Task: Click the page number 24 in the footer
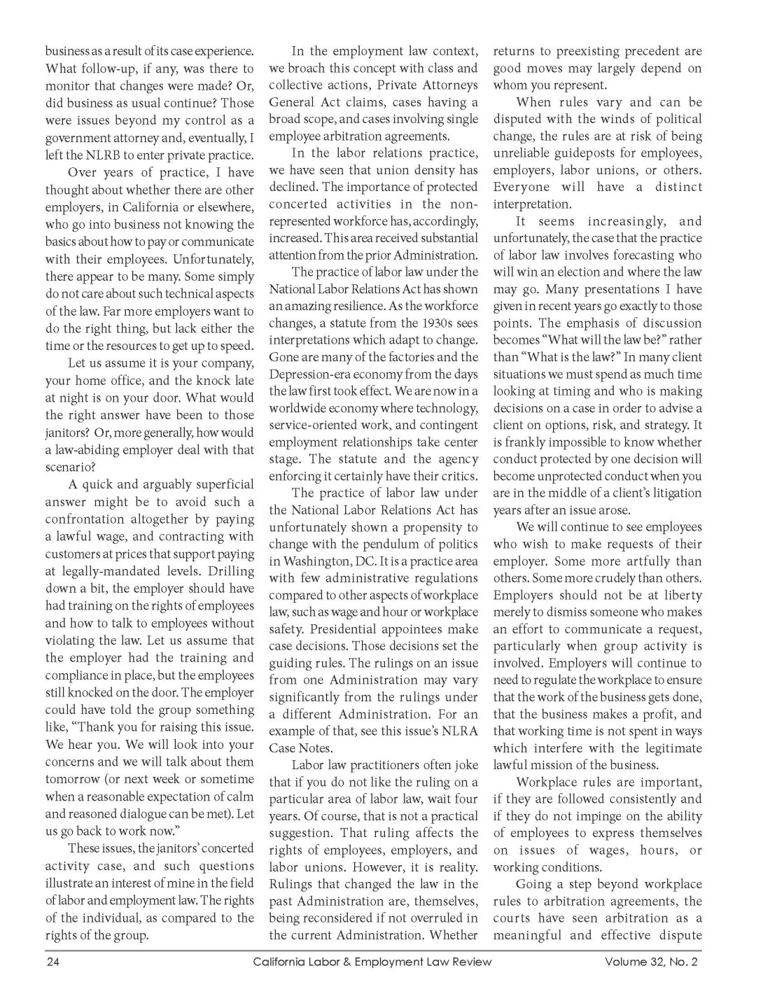52,962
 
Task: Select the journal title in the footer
372,962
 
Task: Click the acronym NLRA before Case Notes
461,731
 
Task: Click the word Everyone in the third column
521,188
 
